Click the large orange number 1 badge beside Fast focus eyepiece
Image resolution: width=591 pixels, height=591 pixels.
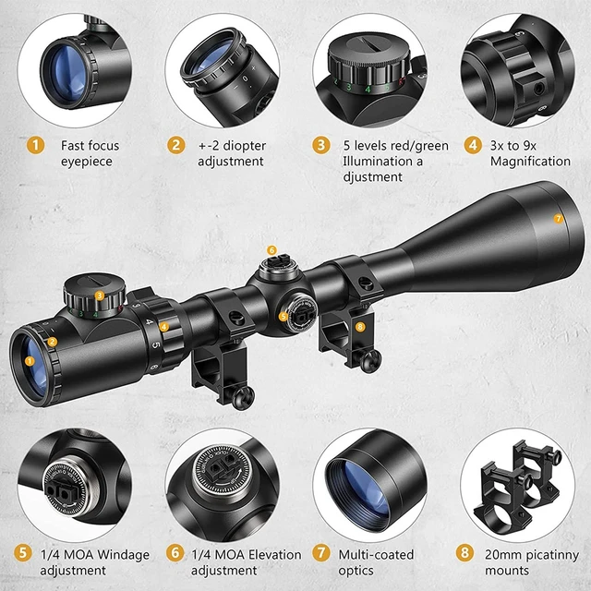[35, 145]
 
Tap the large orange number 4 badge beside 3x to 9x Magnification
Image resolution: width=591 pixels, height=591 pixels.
[473, 145]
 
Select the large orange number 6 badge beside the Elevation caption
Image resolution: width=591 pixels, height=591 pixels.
[175, 553]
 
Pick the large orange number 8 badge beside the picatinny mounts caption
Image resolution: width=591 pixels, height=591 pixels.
[464, 553]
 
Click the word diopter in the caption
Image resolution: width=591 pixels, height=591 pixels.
[244, 146]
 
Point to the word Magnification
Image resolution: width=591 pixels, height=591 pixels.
[530, 162]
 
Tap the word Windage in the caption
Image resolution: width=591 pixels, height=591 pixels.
[123, 555]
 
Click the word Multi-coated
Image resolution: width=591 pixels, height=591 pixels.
[376, 554]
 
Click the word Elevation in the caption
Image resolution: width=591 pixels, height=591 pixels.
[275, 554]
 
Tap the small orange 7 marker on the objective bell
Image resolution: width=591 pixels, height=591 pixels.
[558, 219]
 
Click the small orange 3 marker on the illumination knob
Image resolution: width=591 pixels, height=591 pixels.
[100, 295]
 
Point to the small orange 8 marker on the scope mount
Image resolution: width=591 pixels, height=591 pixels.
[360, 327]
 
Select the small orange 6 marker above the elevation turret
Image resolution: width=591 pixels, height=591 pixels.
[271, 250]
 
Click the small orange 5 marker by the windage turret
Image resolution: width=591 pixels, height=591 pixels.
[283, 317]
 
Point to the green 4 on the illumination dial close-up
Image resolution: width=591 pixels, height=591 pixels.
[368, 90]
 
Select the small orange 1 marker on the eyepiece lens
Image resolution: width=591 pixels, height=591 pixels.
[30, 361]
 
